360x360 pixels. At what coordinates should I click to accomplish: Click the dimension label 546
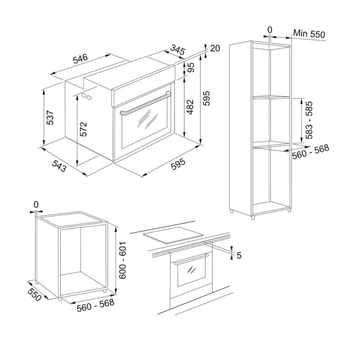(81, 58)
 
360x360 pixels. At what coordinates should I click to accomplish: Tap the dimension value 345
(177, 50)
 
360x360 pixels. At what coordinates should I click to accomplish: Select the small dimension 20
(215, 48)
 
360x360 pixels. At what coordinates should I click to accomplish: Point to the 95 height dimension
(191, 67)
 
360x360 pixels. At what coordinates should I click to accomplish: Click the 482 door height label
(190, 107)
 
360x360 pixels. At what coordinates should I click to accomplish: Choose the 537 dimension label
(50, 117)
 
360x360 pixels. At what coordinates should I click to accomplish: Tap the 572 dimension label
(84, 129)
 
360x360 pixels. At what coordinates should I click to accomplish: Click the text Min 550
(309, 34)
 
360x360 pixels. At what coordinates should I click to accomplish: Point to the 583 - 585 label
(309, 120)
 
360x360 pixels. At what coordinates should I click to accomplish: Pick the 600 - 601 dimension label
(122, 260)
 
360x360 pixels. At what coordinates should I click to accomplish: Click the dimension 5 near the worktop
(239, 255)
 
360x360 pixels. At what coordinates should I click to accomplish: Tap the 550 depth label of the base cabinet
(35, 294)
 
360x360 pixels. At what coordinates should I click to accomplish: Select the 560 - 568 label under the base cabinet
(95, 305)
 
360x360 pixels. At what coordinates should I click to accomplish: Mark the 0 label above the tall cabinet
(270, 30)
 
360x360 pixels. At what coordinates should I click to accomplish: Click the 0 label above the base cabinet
(36, 205)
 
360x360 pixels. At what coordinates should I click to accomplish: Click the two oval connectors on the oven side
(86, 96)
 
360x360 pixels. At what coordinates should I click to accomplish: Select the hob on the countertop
(173, 234)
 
